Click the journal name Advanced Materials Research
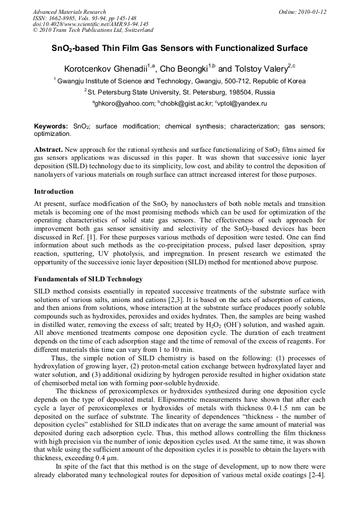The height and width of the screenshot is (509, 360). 69,12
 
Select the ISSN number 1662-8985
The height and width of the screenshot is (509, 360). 62,18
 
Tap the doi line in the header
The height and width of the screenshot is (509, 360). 90,24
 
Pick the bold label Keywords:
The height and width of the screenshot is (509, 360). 51,127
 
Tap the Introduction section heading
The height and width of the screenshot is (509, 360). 54,191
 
